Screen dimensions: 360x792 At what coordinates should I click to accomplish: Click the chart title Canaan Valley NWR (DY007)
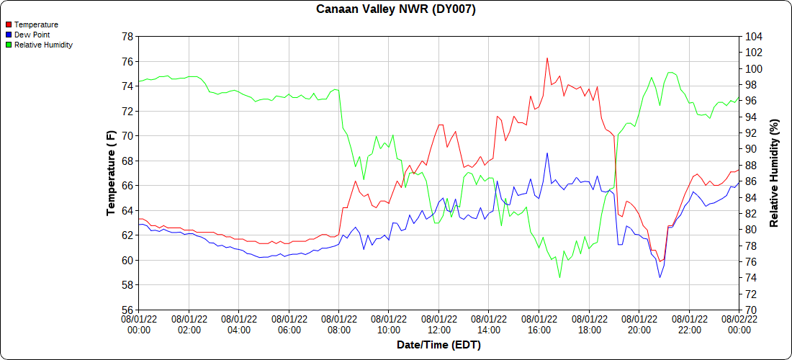click(x=396, y=9)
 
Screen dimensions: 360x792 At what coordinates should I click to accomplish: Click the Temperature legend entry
click(x=36, y=24)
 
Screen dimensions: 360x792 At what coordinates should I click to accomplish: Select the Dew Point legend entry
click(x=32, y=35)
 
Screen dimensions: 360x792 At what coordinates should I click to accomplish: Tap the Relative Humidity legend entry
click(x=43, y=45)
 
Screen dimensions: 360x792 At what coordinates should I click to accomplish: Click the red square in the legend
click(x=8, y=24)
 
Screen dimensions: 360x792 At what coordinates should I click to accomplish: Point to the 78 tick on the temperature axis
click(x=127, y=36)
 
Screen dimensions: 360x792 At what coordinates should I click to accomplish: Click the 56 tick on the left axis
click(x=127, y=310)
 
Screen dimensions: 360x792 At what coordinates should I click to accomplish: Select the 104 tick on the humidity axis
click(x=753, y=36)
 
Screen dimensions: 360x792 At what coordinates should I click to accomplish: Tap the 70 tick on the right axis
click(x=750, y=310)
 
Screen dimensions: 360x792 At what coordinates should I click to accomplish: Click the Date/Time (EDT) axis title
click(x=438, y=345)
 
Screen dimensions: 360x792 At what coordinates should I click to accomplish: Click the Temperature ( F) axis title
click(x=111, y=173)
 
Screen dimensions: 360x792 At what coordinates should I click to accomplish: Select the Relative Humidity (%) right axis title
click(x=774, y=173)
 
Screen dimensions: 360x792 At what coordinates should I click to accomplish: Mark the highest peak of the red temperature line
click(x=547, y=58)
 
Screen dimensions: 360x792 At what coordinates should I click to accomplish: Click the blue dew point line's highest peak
click(x=547, y=153)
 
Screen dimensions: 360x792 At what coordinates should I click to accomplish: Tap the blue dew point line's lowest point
click(x=660, y=277)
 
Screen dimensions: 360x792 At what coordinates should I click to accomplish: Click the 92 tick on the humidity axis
click(x=750, y=132)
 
